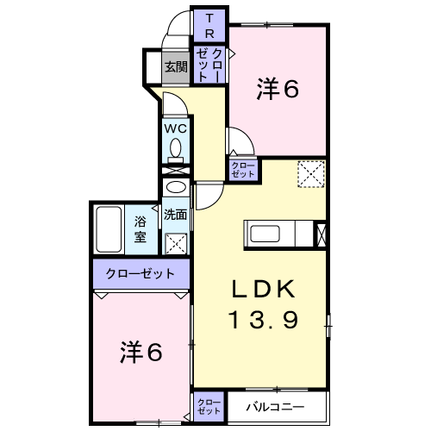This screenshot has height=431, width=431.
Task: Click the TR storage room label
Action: (209, 26)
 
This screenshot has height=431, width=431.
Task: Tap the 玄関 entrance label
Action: (176, 67)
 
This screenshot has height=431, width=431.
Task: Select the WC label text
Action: (176, 129)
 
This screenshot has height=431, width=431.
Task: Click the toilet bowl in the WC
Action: (176, 150)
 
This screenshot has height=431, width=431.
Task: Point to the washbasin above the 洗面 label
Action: (176, 188)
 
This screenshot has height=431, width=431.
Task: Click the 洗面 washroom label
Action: (176, 215)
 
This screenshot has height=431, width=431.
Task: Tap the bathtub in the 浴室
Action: (109, 229)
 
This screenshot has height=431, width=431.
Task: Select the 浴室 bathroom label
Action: (141, 229)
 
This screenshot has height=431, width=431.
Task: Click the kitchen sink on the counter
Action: (265, 234)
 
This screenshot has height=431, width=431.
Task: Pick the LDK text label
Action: (264, 289)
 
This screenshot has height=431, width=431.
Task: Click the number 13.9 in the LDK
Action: (264, 320)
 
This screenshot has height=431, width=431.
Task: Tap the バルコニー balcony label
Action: (275, 407)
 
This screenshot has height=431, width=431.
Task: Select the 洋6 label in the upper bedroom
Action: (278, 88)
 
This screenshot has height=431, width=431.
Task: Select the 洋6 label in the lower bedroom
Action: (141, 352)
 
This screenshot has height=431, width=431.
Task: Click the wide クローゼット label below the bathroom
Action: (141, 273)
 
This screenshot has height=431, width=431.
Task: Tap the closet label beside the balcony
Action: (209, 407)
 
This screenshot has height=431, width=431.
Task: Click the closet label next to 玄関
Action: (209, 65)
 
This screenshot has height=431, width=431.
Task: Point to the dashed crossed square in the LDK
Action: (311, 174)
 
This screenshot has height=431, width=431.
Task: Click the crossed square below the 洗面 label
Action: (176, 244)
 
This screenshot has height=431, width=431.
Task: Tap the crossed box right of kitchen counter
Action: (321, 235)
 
